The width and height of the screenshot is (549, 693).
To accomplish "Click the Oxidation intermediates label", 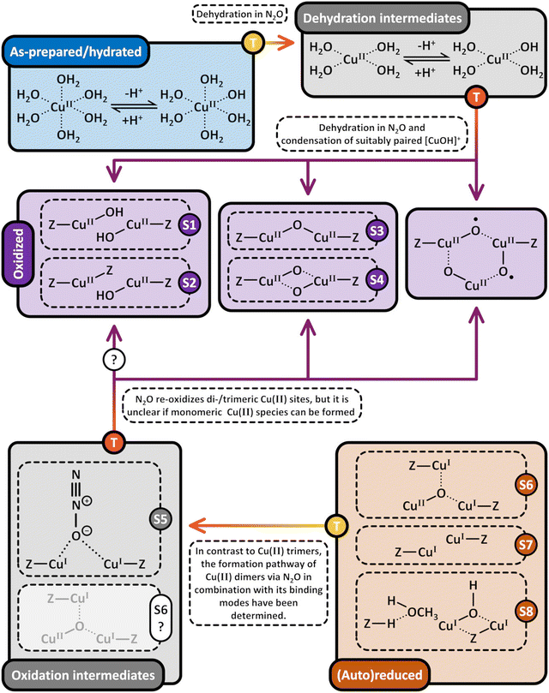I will [83, 675].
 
